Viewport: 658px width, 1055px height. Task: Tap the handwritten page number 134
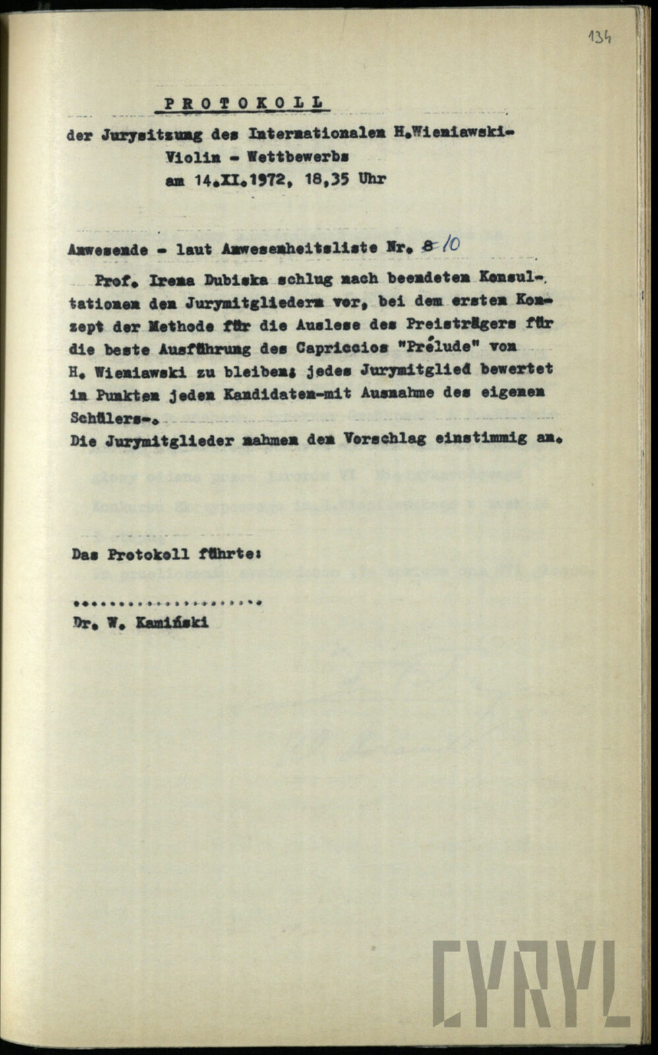[x=599, y=36]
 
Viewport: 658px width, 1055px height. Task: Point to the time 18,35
[x=326, y=179]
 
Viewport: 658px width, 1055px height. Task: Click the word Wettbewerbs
[x=298, y=158]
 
